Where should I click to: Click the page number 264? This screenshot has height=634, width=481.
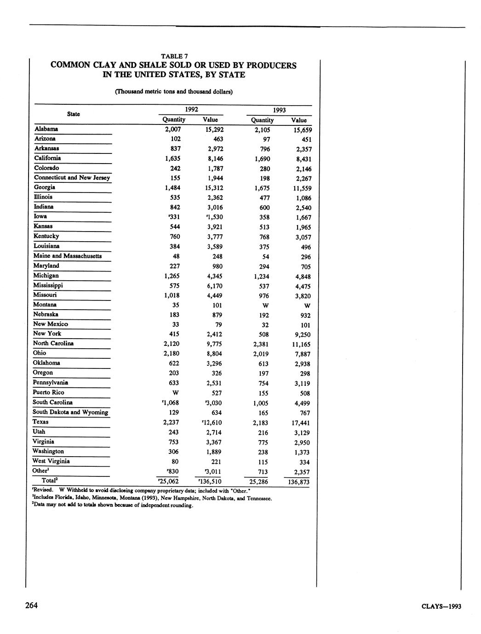(x=31, y=605)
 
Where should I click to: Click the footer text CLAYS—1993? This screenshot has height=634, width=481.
(x=441, y=606)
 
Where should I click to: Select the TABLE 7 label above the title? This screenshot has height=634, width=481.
(x=174, y=56)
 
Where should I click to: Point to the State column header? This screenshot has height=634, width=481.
(x=73, y=114)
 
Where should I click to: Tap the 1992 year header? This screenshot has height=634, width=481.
(x=191, y=109)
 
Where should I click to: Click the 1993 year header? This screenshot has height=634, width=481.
(x=279, y=110)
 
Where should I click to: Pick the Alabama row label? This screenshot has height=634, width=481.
(x=46, y=129)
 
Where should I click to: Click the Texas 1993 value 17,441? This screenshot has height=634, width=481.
(x=300, y=423)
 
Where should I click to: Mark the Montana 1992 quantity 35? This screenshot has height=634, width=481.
(x=175, y=305)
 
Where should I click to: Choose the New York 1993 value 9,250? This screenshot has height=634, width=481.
(x=302, y=335)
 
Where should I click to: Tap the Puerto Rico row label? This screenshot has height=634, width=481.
(x=48, y=392)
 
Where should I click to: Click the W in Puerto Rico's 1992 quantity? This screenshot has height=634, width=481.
(x=175, y=393)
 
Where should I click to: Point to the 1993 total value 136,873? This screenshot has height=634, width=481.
(x=298, y=482)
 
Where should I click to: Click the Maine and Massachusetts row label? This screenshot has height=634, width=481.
(x=67, y=256)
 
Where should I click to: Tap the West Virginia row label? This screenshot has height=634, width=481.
(x=51, y=461)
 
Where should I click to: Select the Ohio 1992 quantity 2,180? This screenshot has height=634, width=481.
(x=172, y=353)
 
